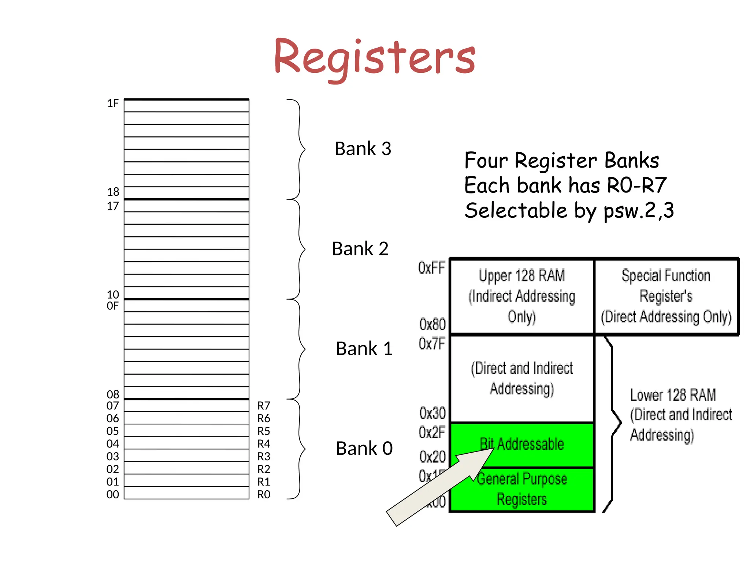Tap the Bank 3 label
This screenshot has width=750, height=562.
(x=363, y=149)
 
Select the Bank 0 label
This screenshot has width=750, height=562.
(x=364, y=449)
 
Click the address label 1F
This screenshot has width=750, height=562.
(x=113, y=104)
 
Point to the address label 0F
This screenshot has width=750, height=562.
(x=112, y=306)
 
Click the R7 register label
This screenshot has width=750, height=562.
(x=264, y=406)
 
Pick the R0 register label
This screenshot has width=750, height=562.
(x=264, y=495)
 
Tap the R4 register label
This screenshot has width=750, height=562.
(x=264, y=444)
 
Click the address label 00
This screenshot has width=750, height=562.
(x=112, y=495)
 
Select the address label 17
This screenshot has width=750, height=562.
(x=113, y=206)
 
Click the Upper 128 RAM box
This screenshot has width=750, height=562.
(x=521, y=296)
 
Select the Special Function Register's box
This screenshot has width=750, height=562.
(x=666, y=296)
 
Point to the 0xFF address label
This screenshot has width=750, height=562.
(x=431, y=268)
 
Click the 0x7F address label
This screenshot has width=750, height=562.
(x=431, y=344)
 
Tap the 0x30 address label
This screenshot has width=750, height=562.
(x=432, y=413)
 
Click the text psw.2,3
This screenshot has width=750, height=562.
(x=639, y=211)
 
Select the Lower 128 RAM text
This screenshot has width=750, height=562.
(x=673, y=395)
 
